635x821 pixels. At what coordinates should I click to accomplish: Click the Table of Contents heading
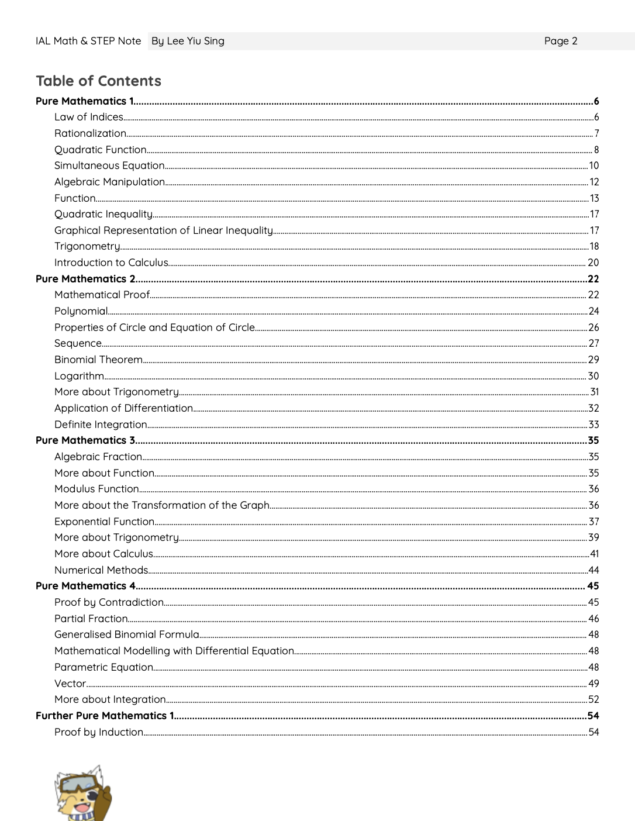click(x=98, y=81)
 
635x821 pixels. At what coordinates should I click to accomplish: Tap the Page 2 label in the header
click(x=560, y=41)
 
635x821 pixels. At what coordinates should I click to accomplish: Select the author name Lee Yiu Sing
click(x=195, y=41)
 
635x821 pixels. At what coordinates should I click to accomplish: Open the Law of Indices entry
click(x=89, y=117)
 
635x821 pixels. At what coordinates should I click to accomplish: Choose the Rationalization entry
click(x=90, y=133)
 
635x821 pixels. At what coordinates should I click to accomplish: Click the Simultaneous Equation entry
click(x=109, y=165)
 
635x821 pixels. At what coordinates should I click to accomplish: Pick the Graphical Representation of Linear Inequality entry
click(x=163, y=230)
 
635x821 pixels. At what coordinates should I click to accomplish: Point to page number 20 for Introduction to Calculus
click(x=593, y=263)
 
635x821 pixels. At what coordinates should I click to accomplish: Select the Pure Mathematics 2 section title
click(x=85, y=279)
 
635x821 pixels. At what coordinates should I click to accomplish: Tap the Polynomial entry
click(x=81, y=311)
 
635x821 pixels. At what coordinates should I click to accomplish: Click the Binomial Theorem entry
click(x=98, y=360)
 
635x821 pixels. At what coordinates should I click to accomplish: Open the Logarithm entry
click(x=79, y=376)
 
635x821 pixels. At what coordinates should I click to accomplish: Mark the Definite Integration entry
click(x=101, y=425)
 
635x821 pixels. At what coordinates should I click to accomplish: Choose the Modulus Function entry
click(x=96, y=489)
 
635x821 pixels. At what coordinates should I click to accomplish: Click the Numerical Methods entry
click(x=101, y=570)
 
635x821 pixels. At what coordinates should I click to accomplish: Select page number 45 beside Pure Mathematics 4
click(x=593, y=586)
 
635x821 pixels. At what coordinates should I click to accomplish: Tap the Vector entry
click(x=70, y=684)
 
